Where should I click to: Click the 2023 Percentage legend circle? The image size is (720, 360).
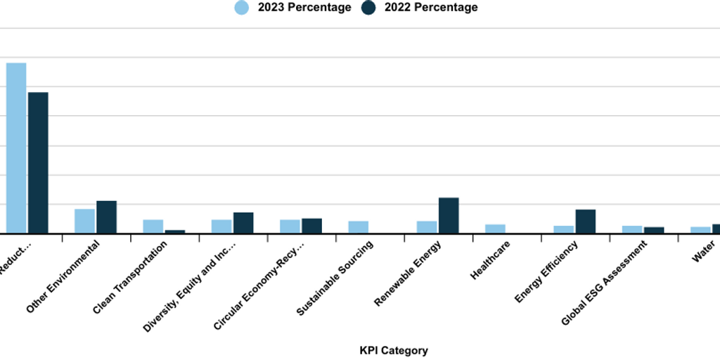pyautogui.click(x=242, y=8)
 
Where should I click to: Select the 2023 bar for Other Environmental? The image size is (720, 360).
pyautogui.click(x=84, y=221)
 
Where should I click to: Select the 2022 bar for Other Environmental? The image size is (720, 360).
pyautogui.click(x=106, y=217)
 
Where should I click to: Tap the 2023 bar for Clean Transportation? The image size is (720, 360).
pyautogui.click(x=153, y=226)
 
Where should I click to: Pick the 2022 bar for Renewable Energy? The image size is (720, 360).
pyautogui.click(x=449, y=215)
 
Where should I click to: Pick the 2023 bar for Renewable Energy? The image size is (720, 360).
pyautogui.click(x=427, y=226)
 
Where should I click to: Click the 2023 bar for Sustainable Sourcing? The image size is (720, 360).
pyautogui.click(x=359, y=226)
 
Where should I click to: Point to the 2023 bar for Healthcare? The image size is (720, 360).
pyautogui.click(x=495, y=229)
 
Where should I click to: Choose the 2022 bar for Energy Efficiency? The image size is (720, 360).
pyautogui.click(x=586, y=221)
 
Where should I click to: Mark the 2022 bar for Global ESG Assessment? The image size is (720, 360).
pyautogui.click(x=654, y=230)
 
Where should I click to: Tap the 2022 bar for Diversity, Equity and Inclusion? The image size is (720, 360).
pyautogui.click(x=243, y=222)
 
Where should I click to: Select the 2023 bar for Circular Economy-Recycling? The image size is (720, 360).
pyautogui.click(x=290, y=226)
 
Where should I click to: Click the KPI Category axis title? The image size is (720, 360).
pyautogui.click(x=394, y=350)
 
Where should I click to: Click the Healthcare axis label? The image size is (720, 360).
pyautogui.click(x=491, y=260)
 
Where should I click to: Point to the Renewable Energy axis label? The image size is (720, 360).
pyautogui.click(x=409, y=273)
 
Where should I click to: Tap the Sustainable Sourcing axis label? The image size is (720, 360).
pyautogui.click(x=335, y=278)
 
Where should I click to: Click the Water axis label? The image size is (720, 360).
pyautogui.click(x=703, y=250)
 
